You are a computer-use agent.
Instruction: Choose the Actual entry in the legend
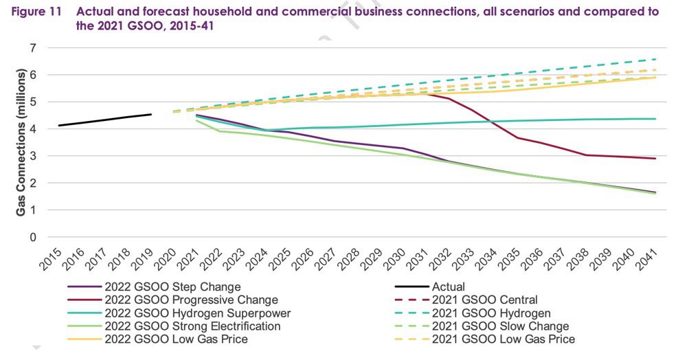pyautogui.click(x=447, y=287)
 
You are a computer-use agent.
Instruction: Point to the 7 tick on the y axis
pyautogui.click(x=32, y=48)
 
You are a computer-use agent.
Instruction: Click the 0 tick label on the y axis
pyautogui.click(x=32, y=238)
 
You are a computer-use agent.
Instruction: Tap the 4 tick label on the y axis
pyautogui.click(x=32, y=129)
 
